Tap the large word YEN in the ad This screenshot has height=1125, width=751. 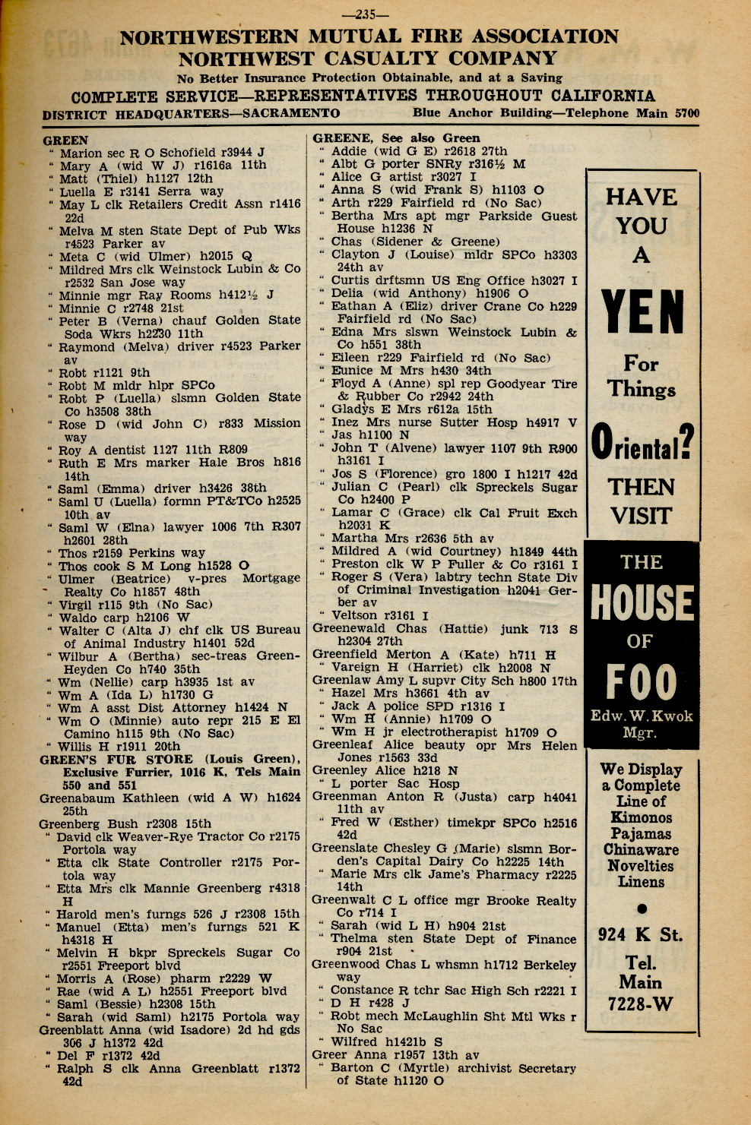pyautogui.click(x=642, y=314)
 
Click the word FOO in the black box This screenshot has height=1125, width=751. pyautogui.click(x=642, y=682)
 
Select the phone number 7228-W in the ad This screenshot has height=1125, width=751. pyautogui.click(x=640, y=1004)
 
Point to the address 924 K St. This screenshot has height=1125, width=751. pyautogui.click(x=640, y=935)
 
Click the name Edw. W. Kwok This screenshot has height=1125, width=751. pyautogui.click(x=642, y=716)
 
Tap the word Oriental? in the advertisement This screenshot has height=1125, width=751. pyautogui.click(x=642, y=444)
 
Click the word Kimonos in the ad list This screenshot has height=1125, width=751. pyautogui.click(x=642, y=817)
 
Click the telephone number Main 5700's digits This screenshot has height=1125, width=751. pyautogui.click(x=686, y=114)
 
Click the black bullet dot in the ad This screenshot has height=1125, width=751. pyautogui.click(x=642, y=909)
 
